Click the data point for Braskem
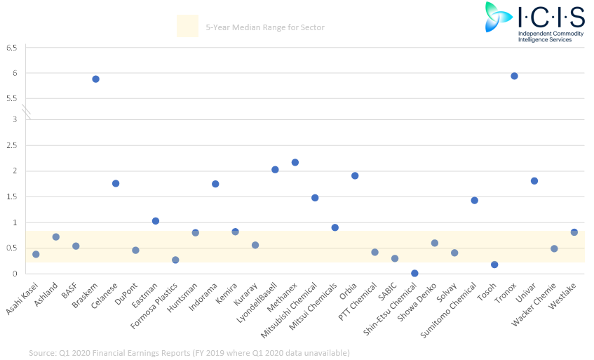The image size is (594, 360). [x=96, y=79]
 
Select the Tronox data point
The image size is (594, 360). [x=514, y=76]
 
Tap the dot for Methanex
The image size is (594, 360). [x=295, y=163]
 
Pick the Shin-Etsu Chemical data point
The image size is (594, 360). [x=414, y=273]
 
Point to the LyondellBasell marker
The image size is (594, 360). [x=275, y=170]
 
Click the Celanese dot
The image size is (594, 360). [x=116, y=183]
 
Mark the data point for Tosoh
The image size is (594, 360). [x=494, y=265]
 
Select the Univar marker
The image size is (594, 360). [x=534, y=181]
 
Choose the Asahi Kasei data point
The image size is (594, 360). [x=36, y=254]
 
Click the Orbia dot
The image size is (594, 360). [x=355, y=176]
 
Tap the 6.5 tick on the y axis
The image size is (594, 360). [x=12, y=48]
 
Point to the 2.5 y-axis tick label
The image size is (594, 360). [x=12, y=145]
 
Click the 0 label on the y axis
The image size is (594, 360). [x=15, y=274]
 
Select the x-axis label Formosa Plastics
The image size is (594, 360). [x=154, y=305]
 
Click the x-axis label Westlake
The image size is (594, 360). [x=562, y=295]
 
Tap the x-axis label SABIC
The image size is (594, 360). [x=387, y=291]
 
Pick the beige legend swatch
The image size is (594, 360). [x=187, y=26]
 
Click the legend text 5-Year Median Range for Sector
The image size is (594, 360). [x=265, y=27]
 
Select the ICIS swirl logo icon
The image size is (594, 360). [x=497, y=17]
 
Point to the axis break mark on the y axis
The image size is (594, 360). [x=26, y=112]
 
